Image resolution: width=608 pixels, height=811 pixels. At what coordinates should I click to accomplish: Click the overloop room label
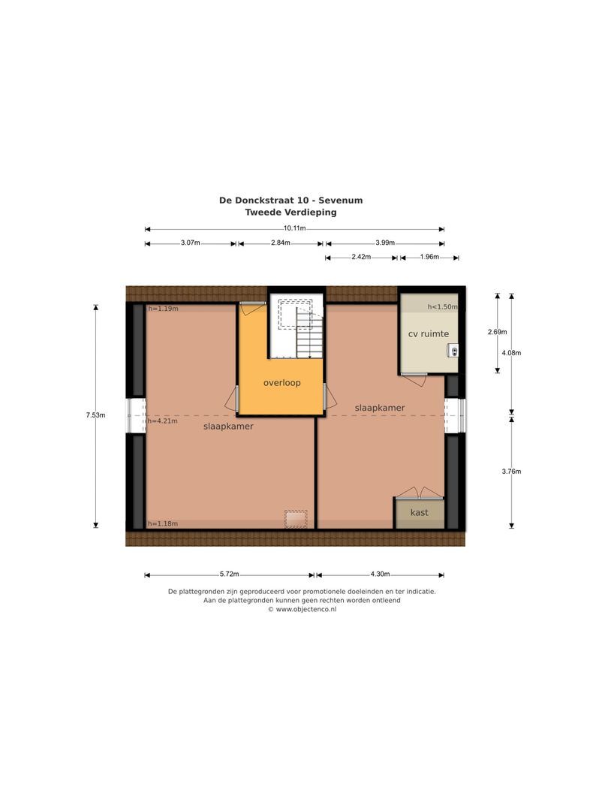tap(281, 383)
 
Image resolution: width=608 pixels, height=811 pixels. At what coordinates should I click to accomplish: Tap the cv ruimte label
tap(428, 334)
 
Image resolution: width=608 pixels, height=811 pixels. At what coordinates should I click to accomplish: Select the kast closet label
tap(419, 513)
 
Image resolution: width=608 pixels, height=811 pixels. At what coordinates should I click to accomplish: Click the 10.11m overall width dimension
tap(294, 228)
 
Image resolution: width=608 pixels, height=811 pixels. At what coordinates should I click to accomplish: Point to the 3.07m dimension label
tap(190, 243)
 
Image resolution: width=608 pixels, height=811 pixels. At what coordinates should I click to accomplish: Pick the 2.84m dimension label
tap(280, 243)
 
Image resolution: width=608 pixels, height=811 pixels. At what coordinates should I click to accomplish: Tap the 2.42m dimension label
tap(361, 258)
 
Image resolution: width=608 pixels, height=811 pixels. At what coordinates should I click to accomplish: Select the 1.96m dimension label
tap(429, 258)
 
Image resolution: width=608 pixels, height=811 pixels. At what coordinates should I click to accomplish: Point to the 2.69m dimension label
tap(497, 332)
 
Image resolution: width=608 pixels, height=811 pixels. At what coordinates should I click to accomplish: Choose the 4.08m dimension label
tap(512, 353)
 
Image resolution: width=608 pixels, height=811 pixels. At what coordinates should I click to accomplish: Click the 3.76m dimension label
tap(512, 472)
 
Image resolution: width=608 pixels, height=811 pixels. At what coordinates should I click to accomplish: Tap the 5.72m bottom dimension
tap(230, 574)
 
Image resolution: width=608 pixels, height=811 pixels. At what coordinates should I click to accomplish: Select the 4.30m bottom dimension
tap(380, 574)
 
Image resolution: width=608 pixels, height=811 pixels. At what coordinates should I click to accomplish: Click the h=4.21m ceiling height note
tap(163, 421)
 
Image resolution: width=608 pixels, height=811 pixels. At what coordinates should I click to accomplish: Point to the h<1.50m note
tap(442, 307)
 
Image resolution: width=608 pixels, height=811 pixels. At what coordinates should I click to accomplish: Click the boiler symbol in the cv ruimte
tap(454, 350)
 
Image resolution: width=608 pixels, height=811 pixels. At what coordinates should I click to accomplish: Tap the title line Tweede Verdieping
tap(291, 213)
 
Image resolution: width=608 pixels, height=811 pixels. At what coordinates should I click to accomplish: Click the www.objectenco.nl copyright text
tap(302, 610)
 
